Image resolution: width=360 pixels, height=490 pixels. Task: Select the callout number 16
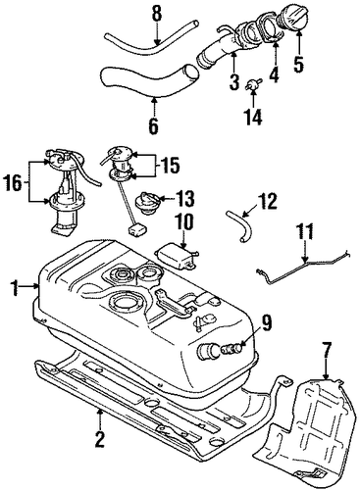(x=13, y=182)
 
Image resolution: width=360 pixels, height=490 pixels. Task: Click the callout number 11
(x=304, y=231)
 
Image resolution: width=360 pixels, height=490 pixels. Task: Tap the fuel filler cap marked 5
(x=292, y=17)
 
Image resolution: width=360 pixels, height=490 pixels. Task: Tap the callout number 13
(x=184, y=199)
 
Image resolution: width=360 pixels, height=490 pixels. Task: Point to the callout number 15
(x=169, y=166)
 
